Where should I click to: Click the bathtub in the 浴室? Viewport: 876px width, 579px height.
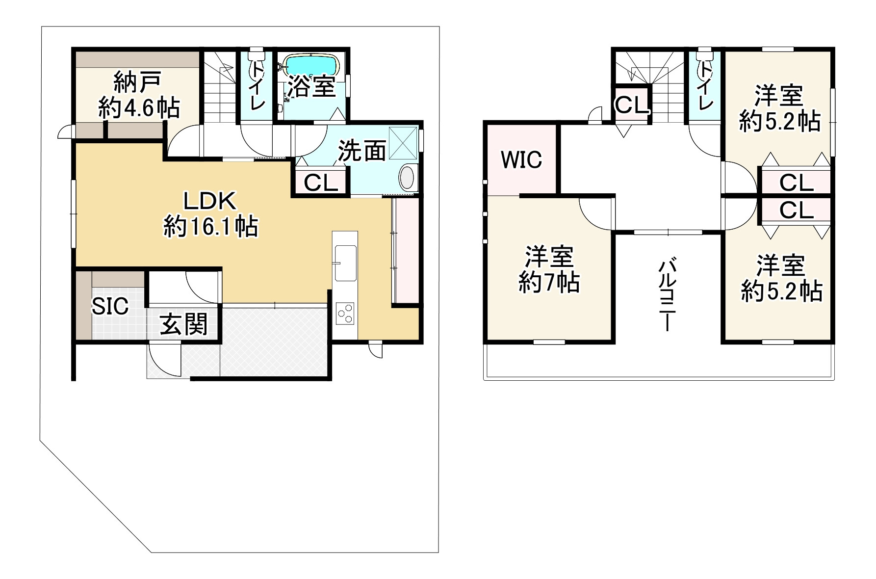click(311, 65)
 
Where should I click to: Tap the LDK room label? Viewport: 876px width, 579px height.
click(210, 202)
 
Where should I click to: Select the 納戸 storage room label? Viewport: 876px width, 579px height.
click(137, 82)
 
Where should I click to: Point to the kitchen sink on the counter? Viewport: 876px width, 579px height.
click(346, 263)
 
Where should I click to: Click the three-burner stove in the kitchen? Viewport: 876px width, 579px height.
click(346, 313)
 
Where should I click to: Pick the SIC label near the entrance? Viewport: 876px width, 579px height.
click(110, 306)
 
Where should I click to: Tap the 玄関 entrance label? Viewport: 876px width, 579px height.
click(184, 324)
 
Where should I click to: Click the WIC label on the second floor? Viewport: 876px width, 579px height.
click(521, 159)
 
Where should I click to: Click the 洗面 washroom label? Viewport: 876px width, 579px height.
click(362, 151)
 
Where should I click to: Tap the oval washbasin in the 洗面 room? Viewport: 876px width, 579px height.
click(408, 177)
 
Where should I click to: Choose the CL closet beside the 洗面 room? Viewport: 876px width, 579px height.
click(321, 183)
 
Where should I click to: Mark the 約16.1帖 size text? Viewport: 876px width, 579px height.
click(211, 227)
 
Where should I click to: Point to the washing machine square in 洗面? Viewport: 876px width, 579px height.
click(403, 143)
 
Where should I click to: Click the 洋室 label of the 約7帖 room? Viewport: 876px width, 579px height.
click(549, 256)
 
